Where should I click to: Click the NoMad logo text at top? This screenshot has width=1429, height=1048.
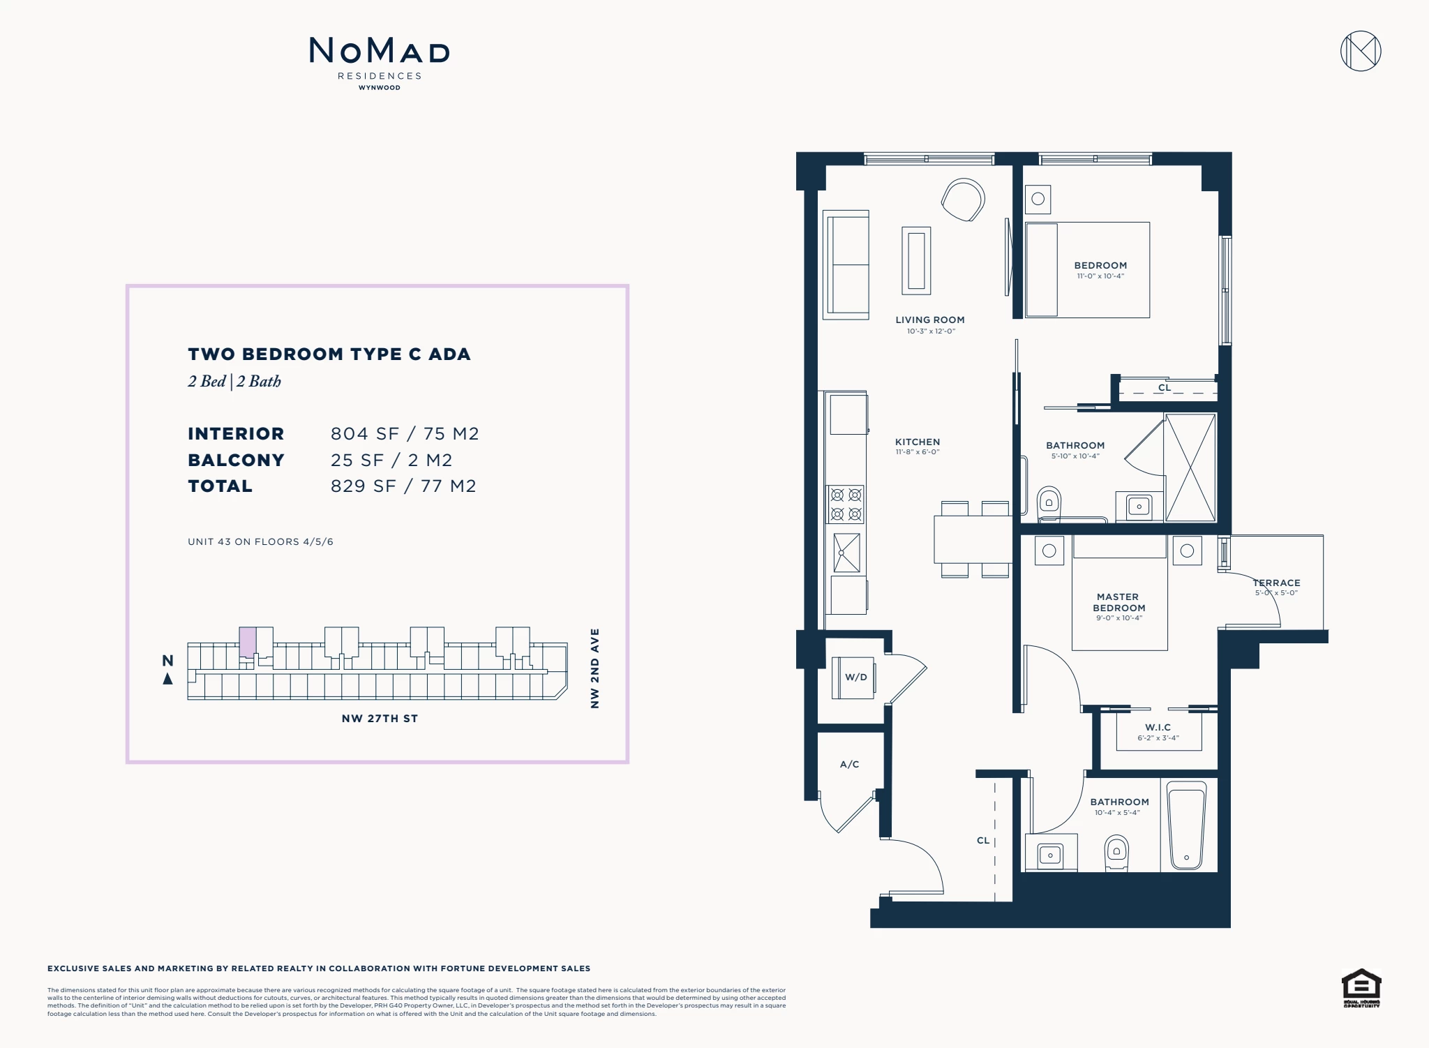pos(380,50)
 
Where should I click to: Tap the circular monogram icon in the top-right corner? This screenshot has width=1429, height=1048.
pos(1361,51)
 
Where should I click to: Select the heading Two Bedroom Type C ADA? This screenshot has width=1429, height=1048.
pos(329,354)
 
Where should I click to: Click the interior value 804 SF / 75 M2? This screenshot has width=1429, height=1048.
pos(405,433)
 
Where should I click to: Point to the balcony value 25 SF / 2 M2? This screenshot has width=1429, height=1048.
pos(391,460)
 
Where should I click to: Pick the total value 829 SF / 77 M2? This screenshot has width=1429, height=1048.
pos(403,486)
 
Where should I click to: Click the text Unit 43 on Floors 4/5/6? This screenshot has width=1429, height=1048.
pos(260,541)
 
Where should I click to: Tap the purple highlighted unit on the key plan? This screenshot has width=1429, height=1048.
pos(247,642)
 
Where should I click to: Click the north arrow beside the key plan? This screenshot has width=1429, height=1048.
pos(167,678)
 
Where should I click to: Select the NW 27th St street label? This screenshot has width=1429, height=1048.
pos(380,719)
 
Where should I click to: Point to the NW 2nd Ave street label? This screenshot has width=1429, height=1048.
pos(594,668)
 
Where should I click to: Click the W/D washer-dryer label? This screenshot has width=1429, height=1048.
pos(856,677)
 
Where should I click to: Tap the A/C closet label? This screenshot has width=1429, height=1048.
pos(849,764)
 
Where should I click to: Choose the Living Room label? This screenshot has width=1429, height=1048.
pos(930,320)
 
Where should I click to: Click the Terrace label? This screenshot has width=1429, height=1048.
pos(1276,583)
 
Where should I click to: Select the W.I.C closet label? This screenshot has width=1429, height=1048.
pos(1158,727)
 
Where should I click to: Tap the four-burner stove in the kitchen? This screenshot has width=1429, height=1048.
pos(846,504)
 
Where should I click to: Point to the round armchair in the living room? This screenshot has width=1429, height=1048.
pos(963,200)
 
